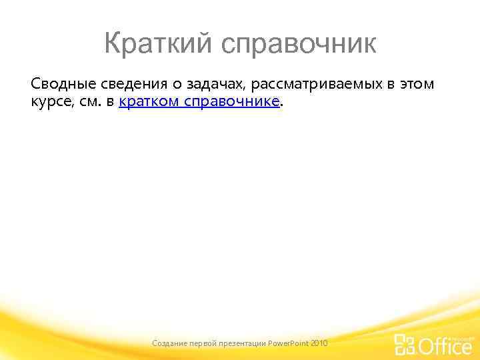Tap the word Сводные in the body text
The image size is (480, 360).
click(x=59, y=84)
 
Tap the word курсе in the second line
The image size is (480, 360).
click(x=47, y=102)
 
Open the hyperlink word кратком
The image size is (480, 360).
click(x=149, y=102)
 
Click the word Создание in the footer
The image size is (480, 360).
click(x=169, y=343)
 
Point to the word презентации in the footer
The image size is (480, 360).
click(x=244, y=343)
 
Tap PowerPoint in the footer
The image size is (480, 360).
click(x=288, y=343)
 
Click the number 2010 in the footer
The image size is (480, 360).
click(x=319, y=343)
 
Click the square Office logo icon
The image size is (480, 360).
click(x=405, y=343)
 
